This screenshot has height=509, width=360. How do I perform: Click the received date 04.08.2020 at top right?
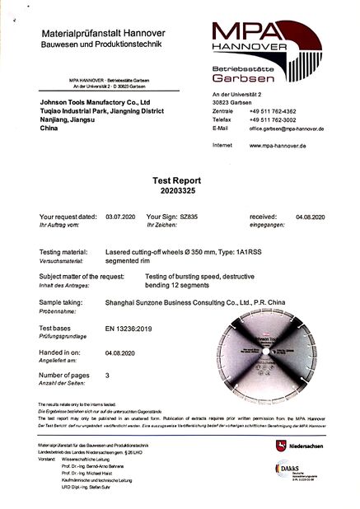(x=311, y=217)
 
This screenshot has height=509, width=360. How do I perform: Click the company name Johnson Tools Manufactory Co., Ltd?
(x=95, y=104)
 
